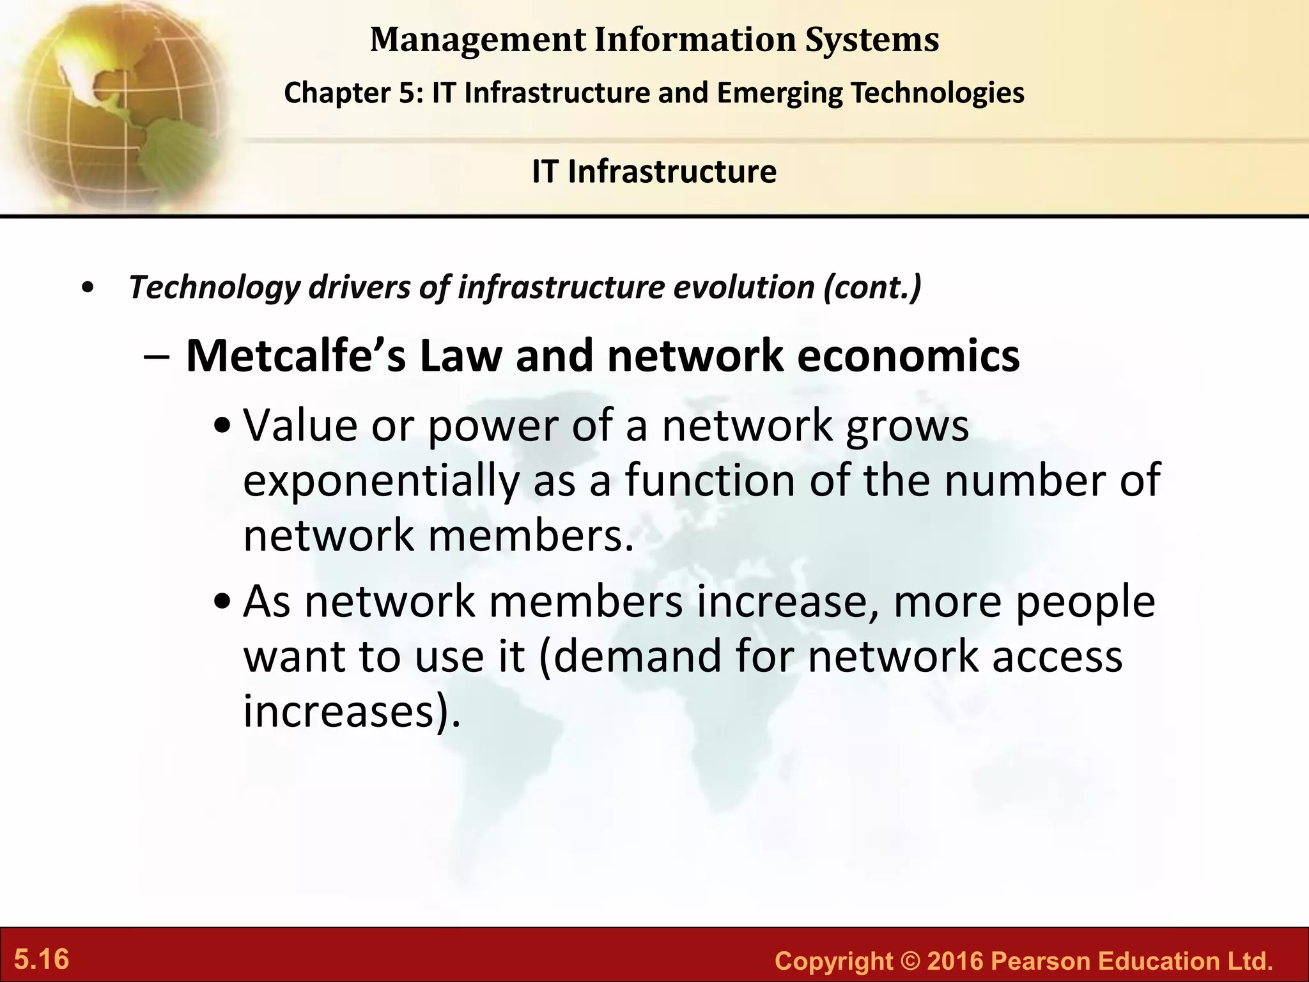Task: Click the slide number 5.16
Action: [x=42, y=960]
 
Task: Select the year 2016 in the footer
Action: [x=954, y=962]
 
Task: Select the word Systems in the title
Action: [x=871, y=40]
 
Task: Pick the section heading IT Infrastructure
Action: [x=654, y=171]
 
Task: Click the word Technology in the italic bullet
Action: [x=214, y=288]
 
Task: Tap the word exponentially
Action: [x=381, y=481]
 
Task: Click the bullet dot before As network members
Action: [x=223, y=602]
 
